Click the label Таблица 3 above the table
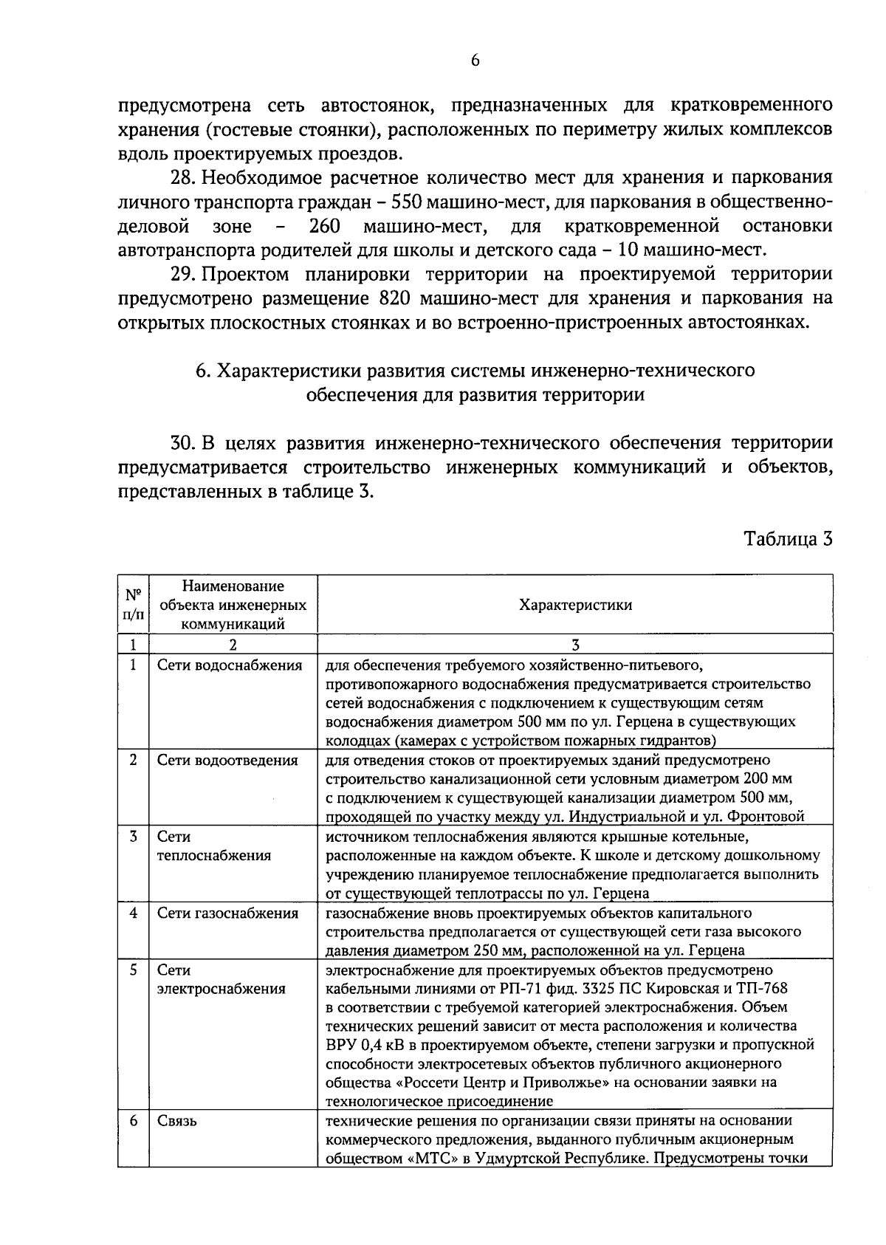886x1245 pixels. pyautogui.click(x=788, y=538)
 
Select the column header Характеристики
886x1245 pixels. pyautogui.click(x=575, y=605)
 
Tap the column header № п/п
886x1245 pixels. pyautogui.click(x=133, y=604)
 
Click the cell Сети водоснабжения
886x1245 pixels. pyautogui.click(x=230, y=665)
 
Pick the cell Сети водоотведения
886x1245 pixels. pyautogui.click(x=227, y=760)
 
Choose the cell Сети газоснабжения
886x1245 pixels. pyautogui.click(x=227, y=913)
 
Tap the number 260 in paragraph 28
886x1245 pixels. pyautogui.click(x=324, y=225)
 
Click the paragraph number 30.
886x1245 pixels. pyautogui.click(x=182, y=443)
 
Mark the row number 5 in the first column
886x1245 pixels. pyautogui.click(x=133, y=970)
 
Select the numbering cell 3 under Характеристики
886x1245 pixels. pyautogui.click(x=575, y=644)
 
